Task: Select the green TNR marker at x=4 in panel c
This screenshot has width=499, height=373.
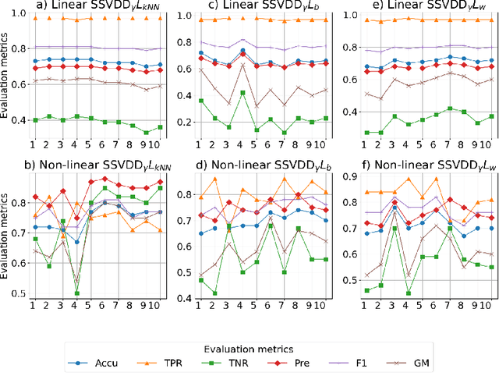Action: tap(242, 92)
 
